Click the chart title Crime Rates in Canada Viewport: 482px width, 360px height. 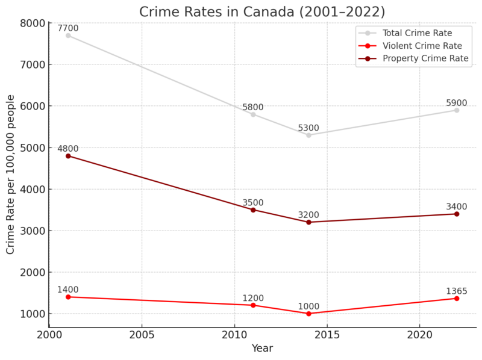262,11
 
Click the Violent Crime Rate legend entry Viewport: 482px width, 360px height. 422,46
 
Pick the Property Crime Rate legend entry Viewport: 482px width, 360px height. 425,58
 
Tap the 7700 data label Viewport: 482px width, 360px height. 68,28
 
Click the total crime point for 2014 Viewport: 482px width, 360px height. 308,135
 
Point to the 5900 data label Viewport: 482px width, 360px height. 457,103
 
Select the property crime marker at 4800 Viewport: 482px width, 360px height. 68,156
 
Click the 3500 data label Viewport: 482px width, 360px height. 253,203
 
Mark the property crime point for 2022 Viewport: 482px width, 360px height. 457,214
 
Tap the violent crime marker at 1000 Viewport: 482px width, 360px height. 308,314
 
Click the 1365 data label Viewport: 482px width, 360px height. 457,291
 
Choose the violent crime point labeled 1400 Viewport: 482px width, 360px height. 68,297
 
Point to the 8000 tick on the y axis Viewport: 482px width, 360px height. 33,23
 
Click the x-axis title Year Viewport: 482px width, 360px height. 262,349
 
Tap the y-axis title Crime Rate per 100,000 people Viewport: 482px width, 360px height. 11,175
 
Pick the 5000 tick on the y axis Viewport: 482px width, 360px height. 33,147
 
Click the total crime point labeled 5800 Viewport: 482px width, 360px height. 253,114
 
